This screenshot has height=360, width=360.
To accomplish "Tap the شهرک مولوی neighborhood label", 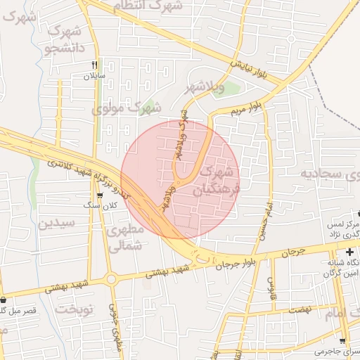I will [126, 108].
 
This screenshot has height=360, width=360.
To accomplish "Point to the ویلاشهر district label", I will [205, 88].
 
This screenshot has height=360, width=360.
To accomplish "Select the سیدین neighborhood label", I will [56, 224].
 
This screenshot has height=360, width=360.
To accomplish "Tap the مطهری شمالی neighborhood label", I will [127, 238].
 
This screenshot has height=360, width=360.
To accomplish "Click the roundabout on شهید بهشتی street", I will [111, 279].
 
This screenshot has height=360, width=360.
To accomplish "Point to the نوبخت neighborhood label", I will [75, 309].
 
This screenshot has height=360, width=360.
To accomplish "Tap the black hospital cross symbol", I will [349, 252].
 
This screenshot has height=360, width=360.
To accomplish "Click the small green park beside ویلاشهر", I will [232, 89].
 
